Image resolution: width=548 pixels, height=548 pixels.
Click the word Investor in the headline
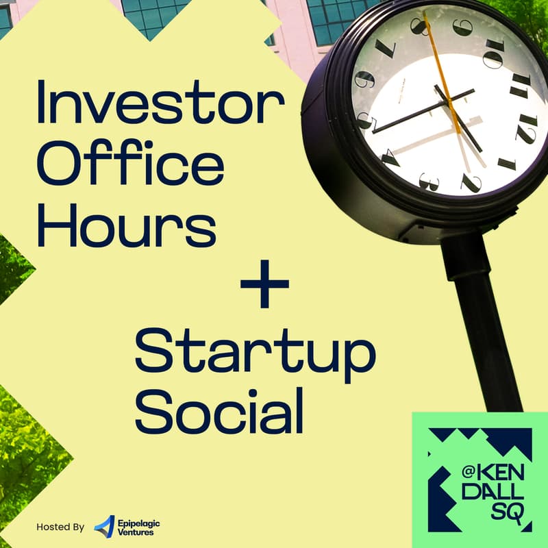(160, 101)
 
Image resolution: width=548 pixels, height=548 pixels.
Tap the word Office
(130, 162)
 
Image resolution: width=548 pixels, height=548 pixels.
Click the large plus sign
(264, 284)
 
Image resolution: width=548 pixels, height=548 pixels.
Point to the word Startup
(255, 354)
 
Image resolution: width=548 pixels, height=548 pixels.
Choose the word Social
(219, 410)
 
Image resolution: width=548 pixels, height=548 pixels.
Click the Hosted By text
(60, 527)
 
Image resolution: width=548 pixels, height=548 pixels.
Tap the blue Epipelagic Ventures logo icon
(105, 526)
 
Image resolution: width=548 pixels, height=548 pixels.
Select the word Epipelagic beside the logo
(139, 523)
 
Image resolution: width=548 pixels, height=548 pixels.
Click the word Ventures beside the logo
(136, 532)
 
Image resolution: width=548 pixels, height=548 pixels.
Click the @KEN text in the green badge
(493, 473)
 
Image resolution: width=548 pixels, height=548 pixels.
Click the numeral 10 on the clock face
(493, 54)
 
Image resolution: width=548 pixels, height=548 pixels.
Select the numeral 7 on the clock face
(386, 47)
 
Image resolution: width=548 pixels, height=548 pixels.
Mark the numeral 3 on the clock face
(429, 182)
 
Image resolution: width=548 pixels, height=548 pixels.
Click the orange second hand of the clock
(442, 72)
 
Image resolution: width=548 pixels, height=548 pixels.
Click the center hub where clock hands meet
(449, 101)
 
